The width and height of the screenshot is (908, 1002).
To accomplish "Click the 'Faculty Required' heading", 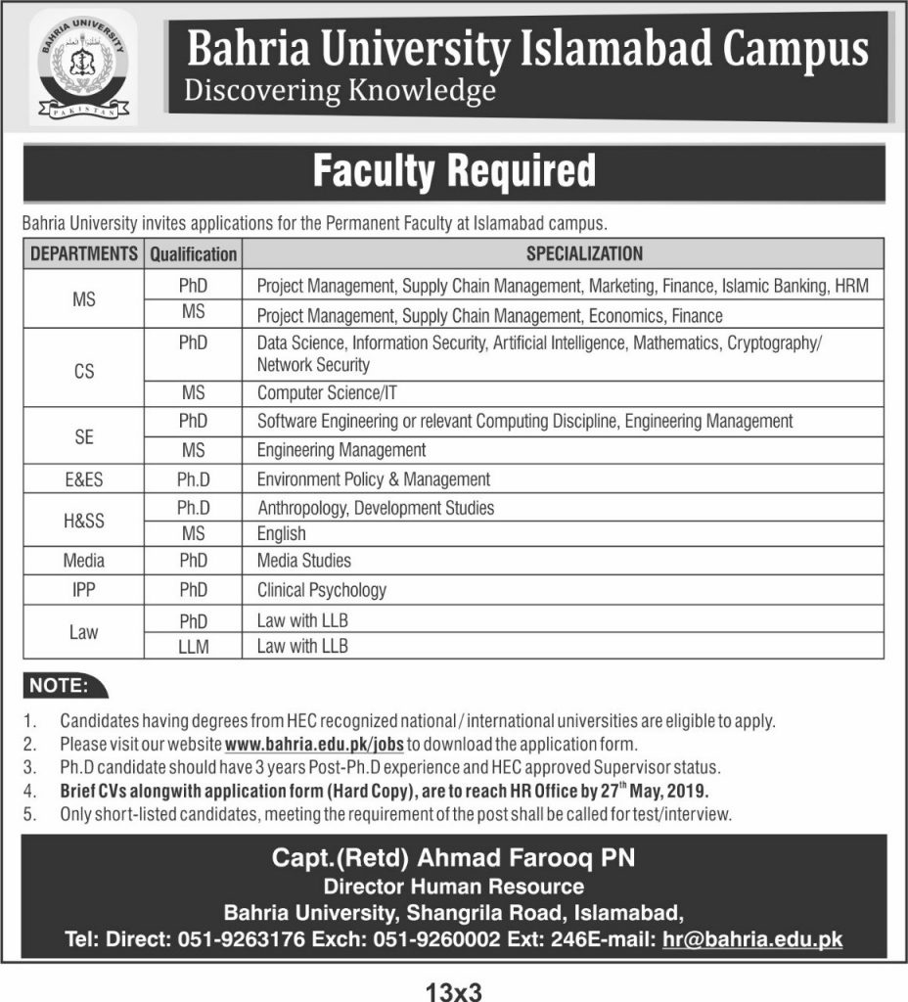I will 453,171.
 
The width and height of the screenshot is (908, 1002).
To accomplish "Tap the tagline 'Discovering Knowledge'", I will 340,92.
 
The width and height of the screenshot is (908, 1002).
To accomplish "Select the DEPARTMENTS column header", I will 84,253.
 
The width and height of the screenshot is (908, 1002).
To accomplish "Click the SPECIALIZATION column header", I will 585,253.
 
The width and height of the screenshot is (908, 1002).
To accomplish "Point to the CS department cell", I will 84,373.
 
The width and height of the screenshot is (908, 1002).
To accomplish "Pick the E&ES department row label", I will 84,479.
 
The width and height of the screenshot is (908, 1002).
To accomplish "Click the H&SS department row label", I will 84,521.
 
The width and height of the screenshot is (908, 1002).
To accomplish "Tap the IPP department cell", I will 84,590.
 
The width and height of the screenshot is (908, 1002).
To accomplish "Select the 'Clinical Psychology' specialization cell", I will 322,590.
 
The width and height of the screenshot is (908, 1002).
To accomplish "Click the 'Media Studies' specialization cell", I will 304,562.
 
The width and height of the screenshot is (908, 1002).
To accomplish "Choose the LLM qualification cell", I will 194,646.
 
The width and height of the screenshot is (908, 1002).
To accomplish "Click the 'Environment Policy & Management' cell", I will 374,479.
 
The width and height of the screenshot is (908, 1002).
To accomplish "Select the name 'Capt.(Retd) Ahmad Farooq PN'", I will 453,859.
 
